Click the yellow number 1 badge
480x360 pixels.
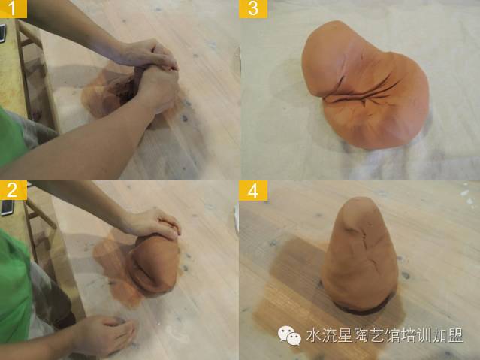(14, 8)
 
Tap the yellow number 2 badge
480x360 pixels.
(14, 190)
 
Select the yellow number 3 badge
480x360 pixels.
(253, 8)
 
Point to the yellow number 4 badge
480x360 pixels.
(253, 190)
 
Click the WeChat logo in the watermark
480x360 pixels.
(289, 335)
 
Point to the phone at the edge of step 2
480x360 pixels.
(6, 208)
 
